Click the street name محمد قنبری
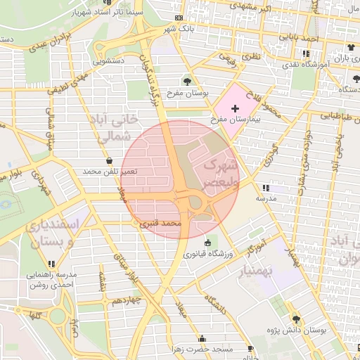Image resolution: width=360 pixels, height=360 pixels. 161,224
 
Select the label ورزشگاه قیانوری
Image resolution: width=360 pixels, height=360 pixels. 207,254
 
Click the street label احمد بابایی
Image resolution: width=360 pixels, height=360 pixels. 312,40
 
